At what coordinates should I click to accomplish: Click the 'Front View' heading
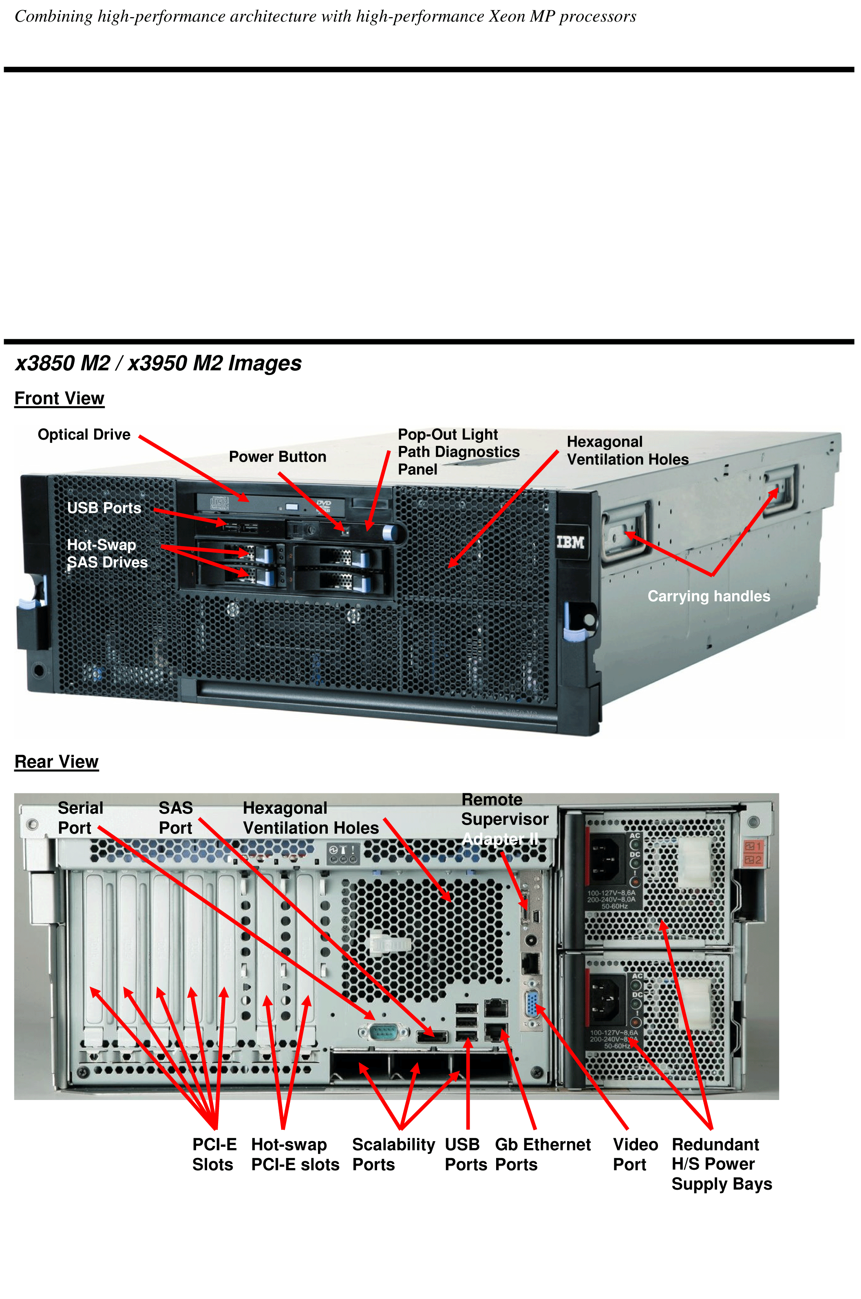pyautogui.click(x=59, y=398)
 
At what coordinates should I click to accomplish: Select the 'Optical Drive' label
pyautogui.click(x=84, y=434)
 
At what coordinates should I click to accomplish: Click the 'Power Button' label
pyautogui.click(x=277, y=456)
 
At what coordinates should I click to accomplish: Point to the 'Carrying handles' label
pyautogui.click(x=709, y=596)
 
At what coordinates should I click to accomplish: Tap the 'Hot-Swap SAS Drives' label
pyautogui.click(x=107, y=553)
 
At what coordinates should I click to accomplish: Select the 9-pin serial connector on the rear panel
pyautogui.click(x=383, y=1033)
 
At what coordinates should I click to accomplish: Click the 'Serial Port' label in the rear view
pyautogui.click(x=80, y=818)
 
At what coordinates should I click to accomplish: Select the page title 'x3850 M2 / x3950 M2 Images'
pyautogui.click(x=158, y=363)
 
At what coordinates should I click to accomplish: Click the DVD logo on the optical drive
pyautogui.click(x=324, y=504)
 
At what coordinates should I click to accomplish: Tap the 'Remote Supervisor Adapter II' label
pyautogui.click(x=504, y=819)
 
